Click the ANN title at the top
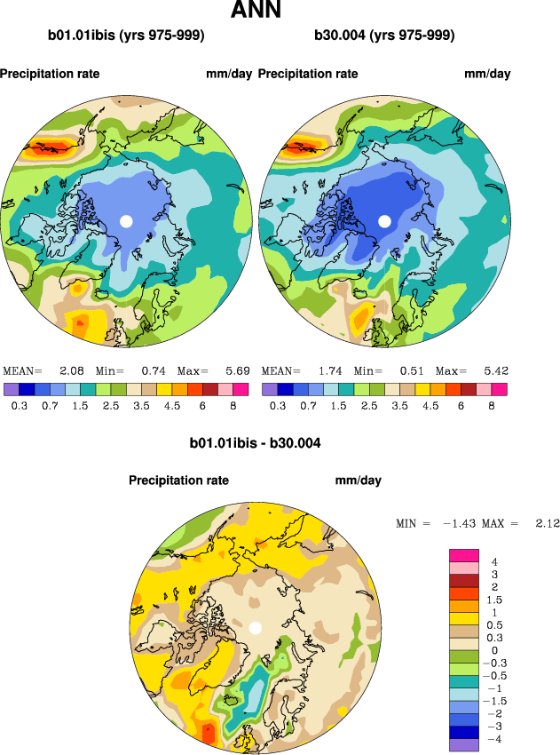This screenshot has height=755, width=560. [x=256, y=11]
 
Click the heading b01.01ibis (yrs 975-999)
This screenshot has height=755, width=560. [x=126, y=36]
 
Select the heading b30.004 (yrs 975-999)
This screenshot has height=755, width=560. [x=384, y=36]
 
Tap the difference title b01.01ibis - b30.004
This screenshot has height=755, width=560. [x=256, y=442]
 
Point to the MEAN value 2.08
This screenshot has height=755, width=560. [x=72, y=370]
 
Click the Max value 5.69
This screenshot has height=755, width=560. [x=237, y=370]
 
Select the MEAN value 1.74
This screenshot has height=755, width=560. [x=330, y=370]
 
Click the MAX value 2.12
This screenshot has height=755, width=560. [x=548, y=524]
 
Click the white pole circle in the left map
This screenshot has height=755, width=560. [x=126, y=220]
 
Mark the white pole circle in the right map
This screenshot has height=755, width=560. [x=384, y=220]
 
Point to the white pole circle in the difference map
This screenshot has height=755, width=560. [x=256, y=627]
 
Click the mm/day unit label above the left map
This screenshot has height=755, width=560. [x=229, y=74]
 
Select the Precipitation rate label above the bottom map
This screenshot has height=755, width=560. [x=178, y=481]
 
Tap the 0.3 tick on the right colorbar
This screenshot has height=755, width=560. [x=278, y=404]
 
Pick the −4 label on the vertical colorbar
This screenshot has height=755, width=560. [x=493, y=738]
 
